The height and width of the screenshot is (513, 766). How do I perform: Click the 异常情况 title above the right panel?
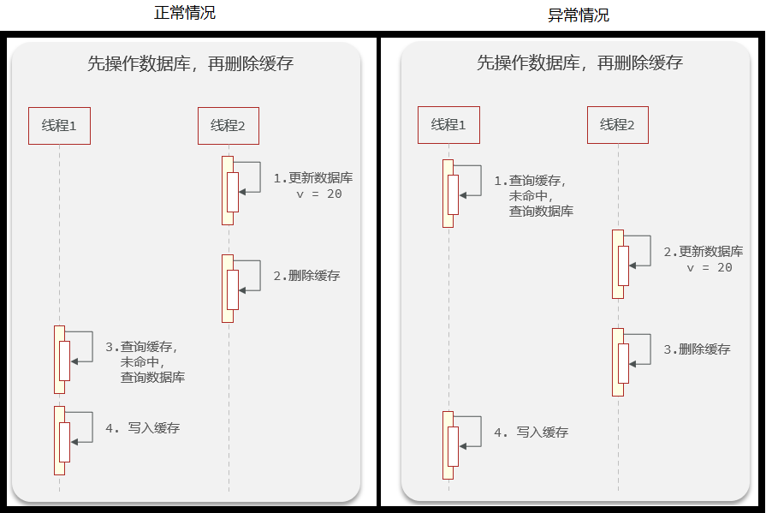tap(579, 15)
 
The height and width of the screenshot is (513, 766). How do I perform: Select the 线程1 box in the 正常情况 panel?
tap(59, 125)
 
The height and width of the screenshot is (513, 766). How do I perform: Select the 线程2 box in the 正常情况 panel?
tap(228, 125)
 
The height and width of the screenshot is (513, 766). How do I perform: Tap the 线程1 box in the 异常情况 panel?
tap(448, 125)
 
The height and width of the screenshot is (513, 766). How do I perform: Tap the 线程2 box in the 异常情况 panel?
tap(617, 125)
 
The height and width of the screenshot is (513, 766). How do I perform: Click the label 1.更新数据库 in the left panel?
tap(312, 178)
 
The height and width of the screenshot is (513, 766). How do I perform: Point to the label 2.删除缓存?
tap(306, 276)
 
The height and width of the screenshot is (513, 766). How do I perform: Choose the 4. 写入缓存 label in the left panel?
tap(142, 427)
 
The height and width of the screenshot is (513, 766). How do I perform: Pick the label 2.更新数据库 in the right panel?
tap(703, 252)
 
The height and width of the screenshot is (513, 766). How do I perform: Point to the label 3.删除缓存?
tap(697, 349)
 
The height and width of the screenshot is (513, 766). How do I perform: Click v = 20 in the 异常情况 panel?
tap(710, 267)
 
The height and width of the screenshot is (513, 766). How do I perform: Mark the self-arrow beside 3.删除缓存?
tap(642, 346)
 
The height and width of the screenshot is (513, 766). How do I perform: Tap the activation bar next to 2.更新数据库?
tap(619, 264)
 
